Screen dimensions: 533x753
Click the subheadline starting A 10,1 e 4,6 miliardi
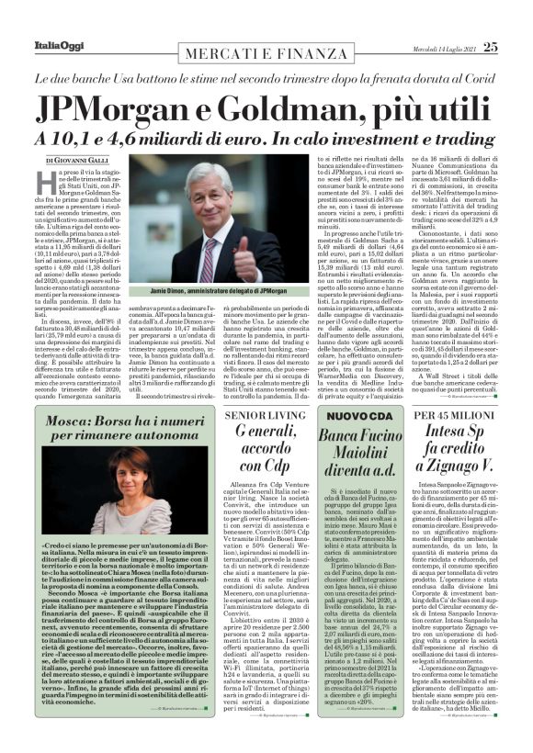pos(266,138)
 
